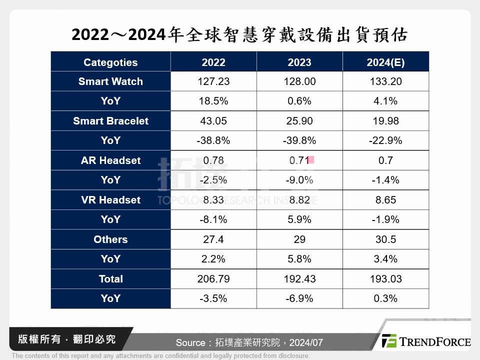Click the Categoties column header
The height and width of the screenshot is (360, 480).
coord(110,62)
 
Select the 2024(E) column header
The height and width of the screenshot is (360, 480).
coord(385,62)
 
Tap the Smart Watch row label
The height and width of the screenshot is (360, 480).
coord(110,81)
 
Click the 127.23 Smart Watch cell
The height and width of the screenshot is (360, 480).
coord(213,81)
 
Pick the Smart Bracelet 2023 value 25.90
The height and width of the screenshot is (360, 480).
coord(299,121)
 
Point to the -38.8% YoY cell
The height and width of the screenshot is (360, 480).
coord(213,140)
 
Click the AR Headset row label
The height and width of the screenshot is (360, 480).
coord(110,160)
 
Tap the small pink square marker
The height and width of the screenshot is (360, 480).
coord(310,160)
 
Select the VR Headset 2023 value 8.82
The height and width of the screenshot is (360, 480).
coord(299,200)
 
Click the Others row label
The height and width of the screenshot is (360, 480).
coord(110,239)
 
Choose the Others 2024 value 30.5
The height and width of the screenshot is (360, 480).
coord(385,239)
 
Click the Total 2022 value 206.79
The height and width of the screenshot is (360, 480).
coord(213,279)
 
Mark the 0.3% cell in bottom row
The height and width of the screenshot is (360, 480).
coord(385,298)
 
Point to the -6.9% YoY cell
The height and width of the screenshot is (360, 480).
coord(299,298)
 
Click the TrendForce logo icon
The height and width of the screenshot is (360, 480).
coord(389,341)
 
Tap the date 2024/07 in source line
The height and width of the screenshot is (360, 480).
coord(306,343)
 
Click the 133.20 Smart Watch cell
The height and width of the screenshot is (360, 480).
coord(385,81)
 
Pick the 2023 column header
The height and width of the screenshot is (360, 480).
coord(299,62)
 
